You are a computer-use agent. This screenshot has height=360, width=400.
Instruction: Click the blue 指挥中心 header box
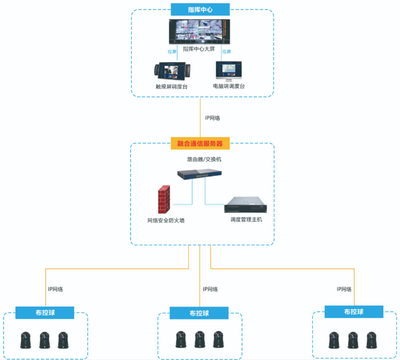pyautogui.click(x=200, y=9)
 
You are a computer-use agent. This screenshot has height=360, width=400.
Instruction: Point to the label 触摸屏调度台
pyautogui.click(x=171, y=86)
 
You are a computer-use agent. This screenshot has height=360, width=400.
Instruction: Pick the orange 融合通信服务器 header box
pyautogui.click(x=200, y=143)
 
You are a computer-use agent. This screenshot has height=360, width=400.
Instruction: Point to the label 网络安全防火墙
pyautogui.click(x=166, y=220)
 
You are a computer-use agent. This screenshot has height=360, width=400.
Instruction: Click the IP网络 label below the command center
pyautogui.click(x=212, y=118)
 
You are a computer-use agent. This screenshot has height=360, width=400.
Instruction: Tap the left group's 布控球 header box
pyautogui.click(x=45, y=312)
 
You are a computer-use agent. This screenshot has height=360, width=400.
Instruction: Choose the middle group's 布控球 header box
pyautogui.click(x=199, y=313)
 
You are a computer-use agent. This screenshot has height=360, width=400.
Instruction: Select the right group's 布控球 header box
pyautogui.click(x=354, y=312)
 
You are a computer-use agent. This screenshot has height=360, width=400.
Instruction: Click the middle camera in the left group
pyautogui.click(x=44, y=340)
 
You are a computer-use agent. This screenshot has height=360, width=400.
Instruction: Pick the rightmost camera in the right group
pyautogui.click(x=370, y=340)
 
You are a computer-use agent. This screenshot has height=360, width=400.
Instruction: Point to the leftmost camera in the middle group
pyautogui.click(x=181, y=340)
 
